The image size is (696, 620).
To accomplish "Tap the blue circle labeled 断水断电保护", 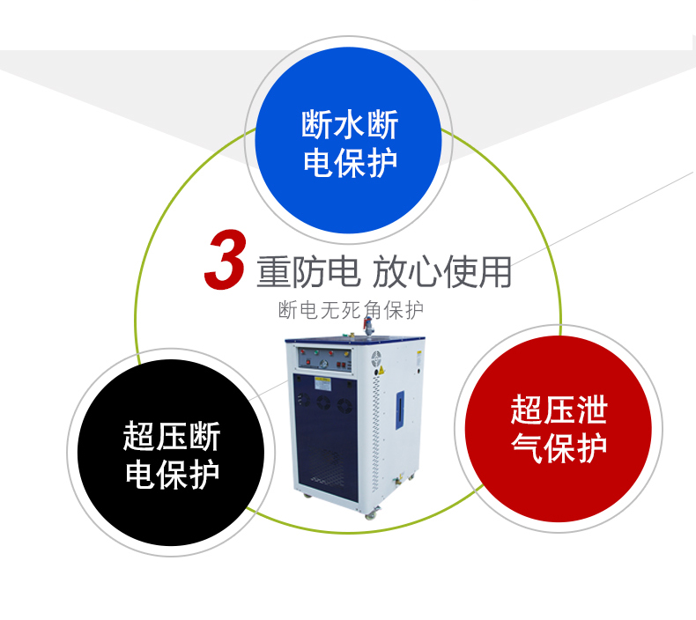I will point(348,140).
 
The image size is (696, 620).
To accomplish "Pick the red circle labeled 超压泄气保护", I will point(558,429).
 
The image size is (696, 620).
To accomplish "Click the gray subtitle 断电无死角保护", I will point(351,310).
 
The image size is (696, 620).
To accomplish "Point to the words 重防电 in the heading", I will point(308,272).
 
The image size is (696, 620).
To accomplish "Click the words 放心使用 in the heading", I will point(441,272).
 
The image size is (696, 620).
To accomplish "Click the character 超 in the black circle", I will point(139,435).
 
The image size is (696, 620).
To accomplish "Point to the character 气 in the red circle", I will point(526,447).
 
